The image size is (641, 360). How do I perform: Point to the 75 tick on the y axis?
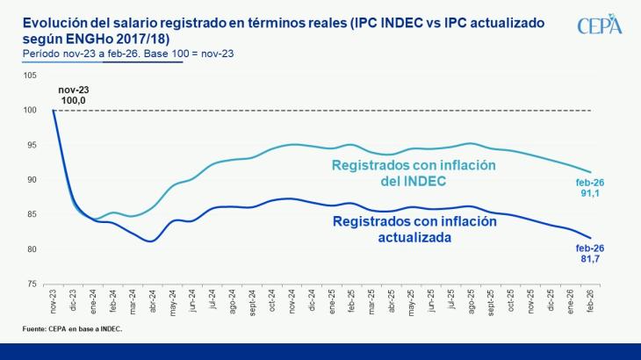click(x=32, y=284)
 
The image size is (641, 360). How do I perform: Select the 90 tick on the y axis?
click(x=32, y=179)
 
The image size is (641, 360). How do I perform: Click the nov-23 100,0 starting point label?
click(x=74, y=96)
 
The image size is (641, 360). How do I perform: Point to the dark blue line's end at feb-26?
click(x=590, y=238)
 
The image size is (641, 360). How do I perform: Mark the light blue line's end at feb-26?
click(x=590, y=172)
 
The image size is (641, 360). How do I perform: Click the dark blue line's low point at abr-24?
click(x=151, y=241)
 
